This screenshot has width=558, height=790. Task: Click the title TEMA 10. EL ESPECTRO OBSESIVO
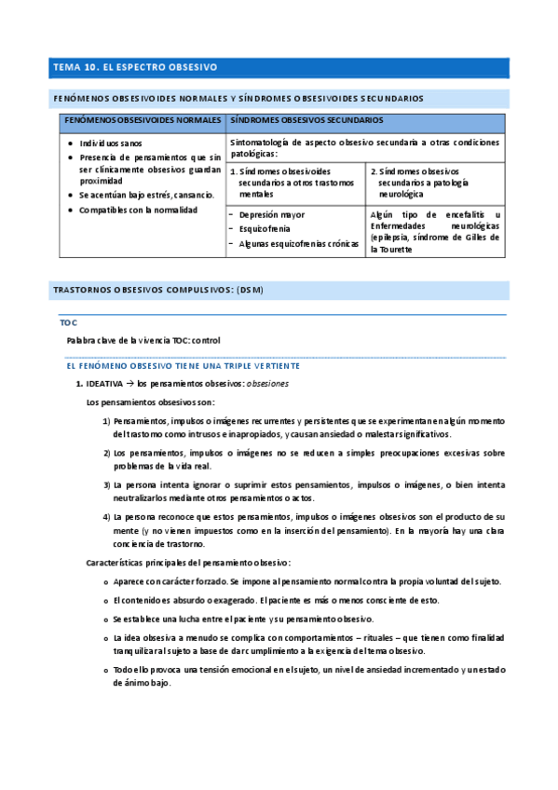pyautogui.click(x=135, y=67)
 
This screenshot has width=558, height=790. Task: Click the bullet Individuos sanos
pyautogui.click(x=111, y=144)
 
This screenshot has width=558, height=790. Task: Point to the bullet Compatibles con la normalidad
pyautogui.click(x=138, y=210)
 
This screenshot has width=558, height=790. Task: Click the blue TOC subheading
pyautogui.click(x=68, y=322)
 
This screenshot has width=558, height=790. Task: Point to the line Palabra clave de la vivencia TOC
pyautogui.click(x=150, y=340)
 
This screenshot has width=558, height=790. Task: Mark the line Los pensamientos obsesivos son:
pyautogui.click(x=151, y=402)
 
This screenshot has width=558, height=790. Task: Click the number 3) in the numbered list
pyautogui.click(x=106, y=484)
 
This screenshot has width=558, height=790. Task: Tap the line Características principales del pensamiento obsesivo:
pyautogui.click(x=188, y=563)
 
